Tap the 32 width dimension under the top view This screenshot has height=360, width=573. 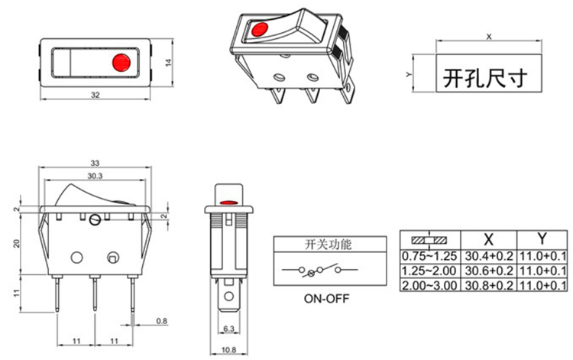[x=95, y=95]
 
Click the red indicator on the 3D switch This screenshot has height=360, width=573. [x=258, y=31]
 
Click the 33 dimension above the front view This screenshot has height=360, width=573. [x=95, y=163]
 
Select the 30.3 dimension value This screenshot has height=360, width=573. [x=95, y=176]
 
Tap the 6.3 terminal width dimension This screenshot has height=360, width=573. [x=228, y=329]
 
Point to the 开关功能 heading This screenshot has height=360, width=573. [x=328, y=245]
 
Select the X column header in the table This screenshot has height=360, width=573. [x=488, y=238]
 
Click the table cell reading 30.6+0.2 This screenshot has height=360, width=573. [x=488, y=271]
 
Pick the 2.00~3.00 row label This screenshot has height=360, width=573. [x=429, y=284]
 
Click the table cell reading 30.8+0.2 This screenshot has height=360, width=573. [x=488, y=284]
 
